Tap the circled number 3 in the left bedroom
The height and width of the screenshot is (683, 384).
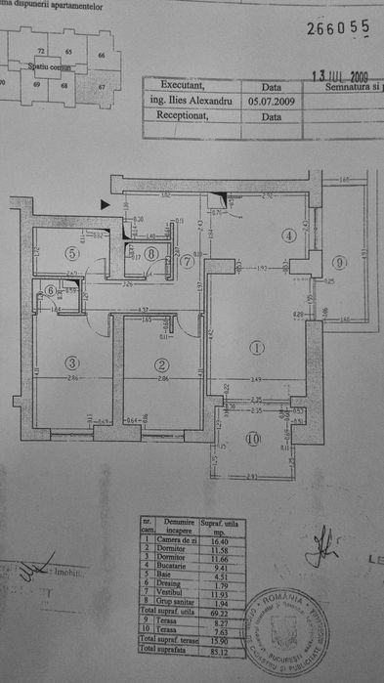point(72,363)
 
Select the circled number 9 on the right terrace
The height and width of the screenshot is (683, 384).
point(338,262)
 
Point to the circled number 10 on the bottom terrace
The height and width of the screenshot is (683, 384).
point(255,439)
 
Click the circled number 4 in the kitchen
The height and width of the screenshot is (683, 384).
point(290,235)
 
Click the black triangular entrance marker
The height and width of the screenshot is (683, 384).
point(106,204)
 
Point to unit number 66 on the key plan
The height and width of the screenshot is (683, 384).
point(102,56)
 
